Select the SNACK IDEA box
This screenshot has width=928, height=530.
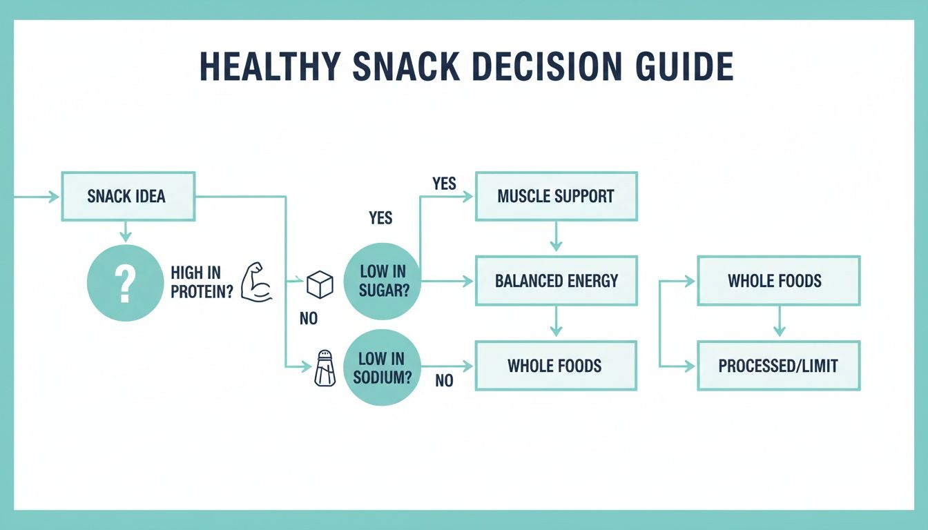[x=128, y=197]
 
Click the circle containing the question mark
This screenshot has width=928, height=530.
[x=125, y=283]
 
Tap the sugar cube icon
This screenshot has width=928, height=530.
[x=320, y=283]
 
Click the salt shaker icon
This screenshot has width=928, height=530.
[x=324, y=367]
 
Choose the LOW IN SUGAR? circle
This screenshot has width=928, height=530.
[x=381, y=282]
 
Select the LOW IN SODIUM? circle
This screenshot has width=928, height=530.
[x=381, y=367]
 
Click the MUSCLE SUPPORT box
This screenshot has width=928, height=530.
[x=556, y=197]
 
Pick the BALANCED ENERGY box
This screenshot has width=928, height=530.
[x=556, y=281]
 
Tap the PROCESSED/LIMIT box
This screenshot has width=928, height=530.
[x=778, y=365]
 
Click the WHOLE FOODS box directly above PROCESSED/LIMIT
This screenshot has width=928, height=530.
[x=778, y=281]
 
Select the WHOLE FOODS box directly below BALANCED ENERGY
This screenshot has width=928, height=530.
[x=556, y=365]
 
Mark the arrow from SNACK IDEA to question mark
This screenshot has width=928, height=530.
[x=125, y=232]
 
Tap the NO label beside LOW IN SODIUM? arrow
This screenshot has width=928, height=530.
[x=444, y=380]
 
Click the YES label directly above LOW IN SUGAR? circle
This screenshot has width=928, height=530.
[x=380, y=218]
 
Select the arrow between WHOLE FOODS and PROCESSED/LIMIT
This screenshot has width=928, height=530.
[x=779, y=322]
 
